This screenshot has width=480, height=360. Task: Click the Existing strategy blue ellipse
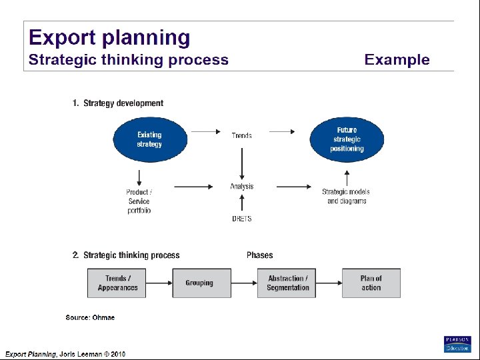(149, 139)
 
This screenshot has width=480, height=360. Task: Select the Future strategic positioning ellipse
(347, 139)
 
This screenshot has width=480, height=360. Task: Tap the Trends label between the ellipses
(241, 135)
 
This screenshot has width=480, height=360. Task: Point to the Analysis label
(241, 187)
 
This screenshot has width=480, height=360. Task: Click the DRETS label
(241, 219)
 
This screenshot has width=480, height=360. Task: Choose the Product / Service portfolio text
(139, 201)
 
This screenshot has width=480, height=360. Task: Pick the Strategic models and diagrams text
(346, 197)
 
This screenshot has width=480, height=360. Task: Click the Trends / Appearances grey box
(117, 283)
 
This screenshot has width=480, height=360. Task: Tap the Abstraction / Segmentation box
(287, 283)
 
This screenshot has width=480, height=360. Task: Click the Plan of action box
(371, 283)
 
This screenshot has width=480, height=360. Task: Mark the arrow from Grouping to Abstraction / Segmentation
(244, 283)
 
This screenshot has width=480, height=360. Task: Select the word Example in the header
(397, 60)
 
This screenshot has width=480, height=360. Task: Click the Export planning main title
(109, 37)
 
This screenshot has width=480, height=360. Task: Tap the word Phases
(259, 255)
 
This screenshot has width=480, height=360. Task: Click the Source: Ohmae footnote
(90, 317)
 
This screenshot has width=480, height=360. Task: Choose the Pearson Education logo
(457, 344)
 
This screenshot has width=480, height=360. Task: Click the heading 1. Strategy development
(118, 103)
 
